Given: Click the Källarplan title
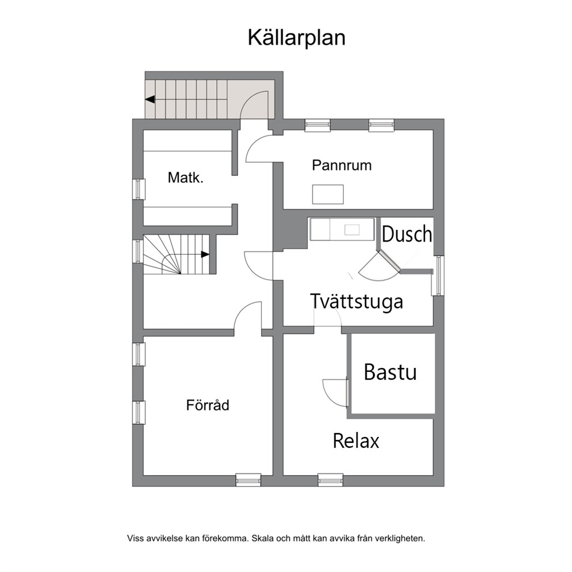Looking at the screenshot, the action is click(x=296, y=37).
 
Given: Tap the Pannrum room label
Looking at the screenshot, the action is click(x=342, y=165).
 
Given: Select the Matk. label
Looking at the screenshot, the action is click(x=185, y=178).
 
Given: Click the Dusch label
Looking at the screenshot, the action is click(x=407, y=234).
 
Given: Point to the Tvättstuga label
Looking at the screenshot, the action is click(x=357, y=302).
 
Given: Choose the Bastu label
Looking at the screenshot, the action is click(x=390, y=372).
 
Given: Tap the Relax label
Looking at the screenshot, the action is click(x=356, y=441).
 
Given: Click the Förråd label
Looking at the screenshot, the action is click(x=208, y=405).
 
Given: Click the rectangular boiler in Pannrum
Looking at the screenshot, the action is click(x=328, y=194).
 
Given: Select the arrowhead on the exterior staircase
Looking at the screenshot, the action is click(x=150, y=99).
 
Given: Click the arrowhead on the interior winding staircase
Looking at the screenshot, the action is click(x=205, y=254).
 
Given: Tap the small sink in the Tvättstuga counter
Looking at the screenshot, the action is click(x=352, y=230).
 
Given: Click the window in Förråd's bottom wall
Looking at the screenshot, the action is click(x=249, y=480).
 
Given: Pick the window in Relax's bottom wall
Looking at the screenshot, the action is click(x=330, y=480).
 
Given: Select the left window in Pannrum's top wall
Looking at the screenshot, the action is click(x=318, y=125).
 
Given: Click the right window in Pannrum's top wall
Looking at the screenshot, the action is click(x=382, y=125).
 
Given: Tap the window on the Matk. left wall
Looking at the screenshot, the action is click(x=138, y=189).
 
